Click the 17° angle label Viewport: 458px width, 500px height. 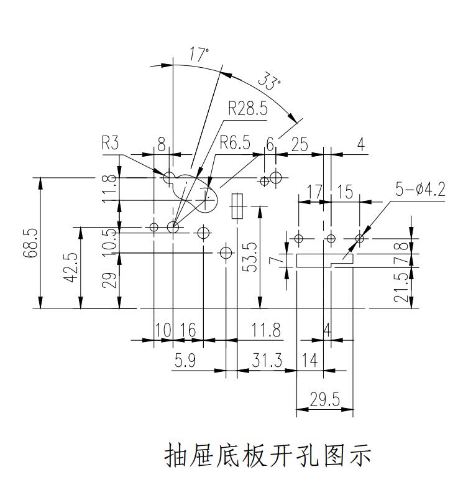[x=199, y=54]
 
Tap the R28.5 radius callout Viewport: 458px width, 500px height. [x=247, y=109]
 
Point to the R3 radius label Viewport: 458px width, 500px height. [x=110, y=144]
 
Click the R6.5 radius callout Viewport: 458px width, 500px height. [x=235, y=144]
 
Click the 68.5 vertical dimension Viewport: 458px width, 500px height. [x=32, y=243]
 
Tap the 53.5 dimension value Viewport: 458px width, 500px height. [x=250, y=256]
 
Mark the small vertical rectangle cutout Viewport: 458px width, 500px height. [x=236, y=206]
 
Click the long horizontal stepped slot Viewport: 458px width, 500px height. [x=324, y=260]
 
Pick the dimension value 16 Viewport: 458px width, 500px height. [x=188, y=330]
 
